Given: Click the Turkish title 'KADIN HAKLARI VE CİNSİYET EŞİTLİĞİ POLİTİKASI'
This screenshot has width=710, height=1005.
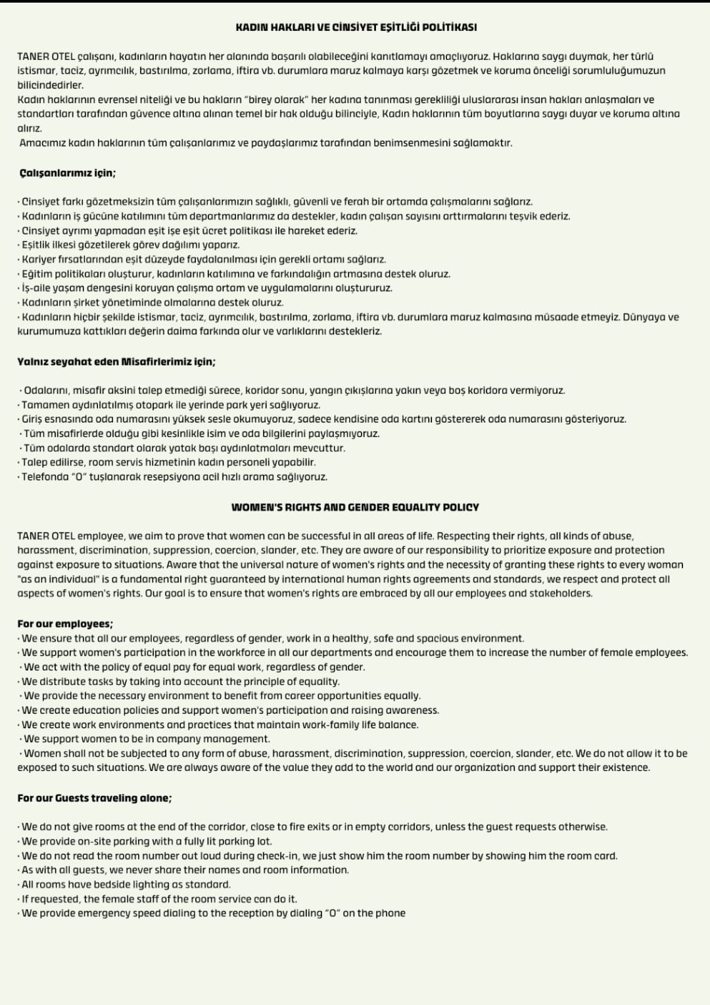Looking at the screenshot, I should (x=356, y=27).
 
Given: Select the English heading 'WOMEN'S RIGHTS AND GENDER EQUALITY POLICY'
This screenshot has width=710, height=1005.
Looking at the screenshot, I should (x=355, y=507).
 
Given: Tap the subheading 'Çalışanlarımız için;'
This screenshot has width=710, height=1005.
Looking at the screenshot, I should (x=67, y=174).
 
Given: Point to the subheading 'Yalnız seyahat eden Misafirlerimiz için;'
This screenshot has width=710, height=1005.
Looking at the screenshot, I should (x=116, y=362).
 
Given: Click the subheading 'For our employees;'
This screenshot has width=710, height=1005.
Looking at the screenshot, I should (x=65, y=624).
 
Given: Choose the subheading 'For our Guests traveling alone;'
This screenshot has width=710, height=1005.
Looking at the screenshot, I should (x=95, y=798).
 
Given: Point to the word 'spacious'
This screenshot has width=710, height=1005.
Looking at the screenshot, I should (x=439, y=638).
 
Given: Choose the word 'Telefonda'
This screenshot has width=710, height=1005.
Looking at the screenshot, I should (x=45, y=477).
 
